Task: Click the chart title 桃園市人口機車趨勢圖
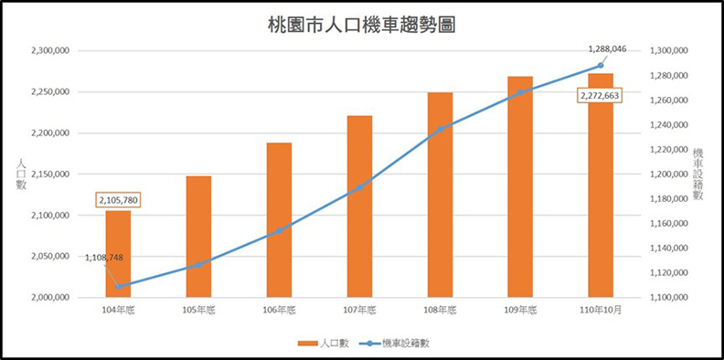(362, 25)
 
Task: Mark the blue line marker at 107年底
(359, 188)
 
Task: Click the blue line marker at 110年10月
(601, 66)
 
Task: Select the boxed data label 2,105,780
(118, 199)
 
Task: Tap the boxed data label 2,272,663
(601, 95)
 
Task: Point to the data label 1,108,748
(109, 259)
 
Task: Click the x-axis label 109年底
(520, 311)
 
